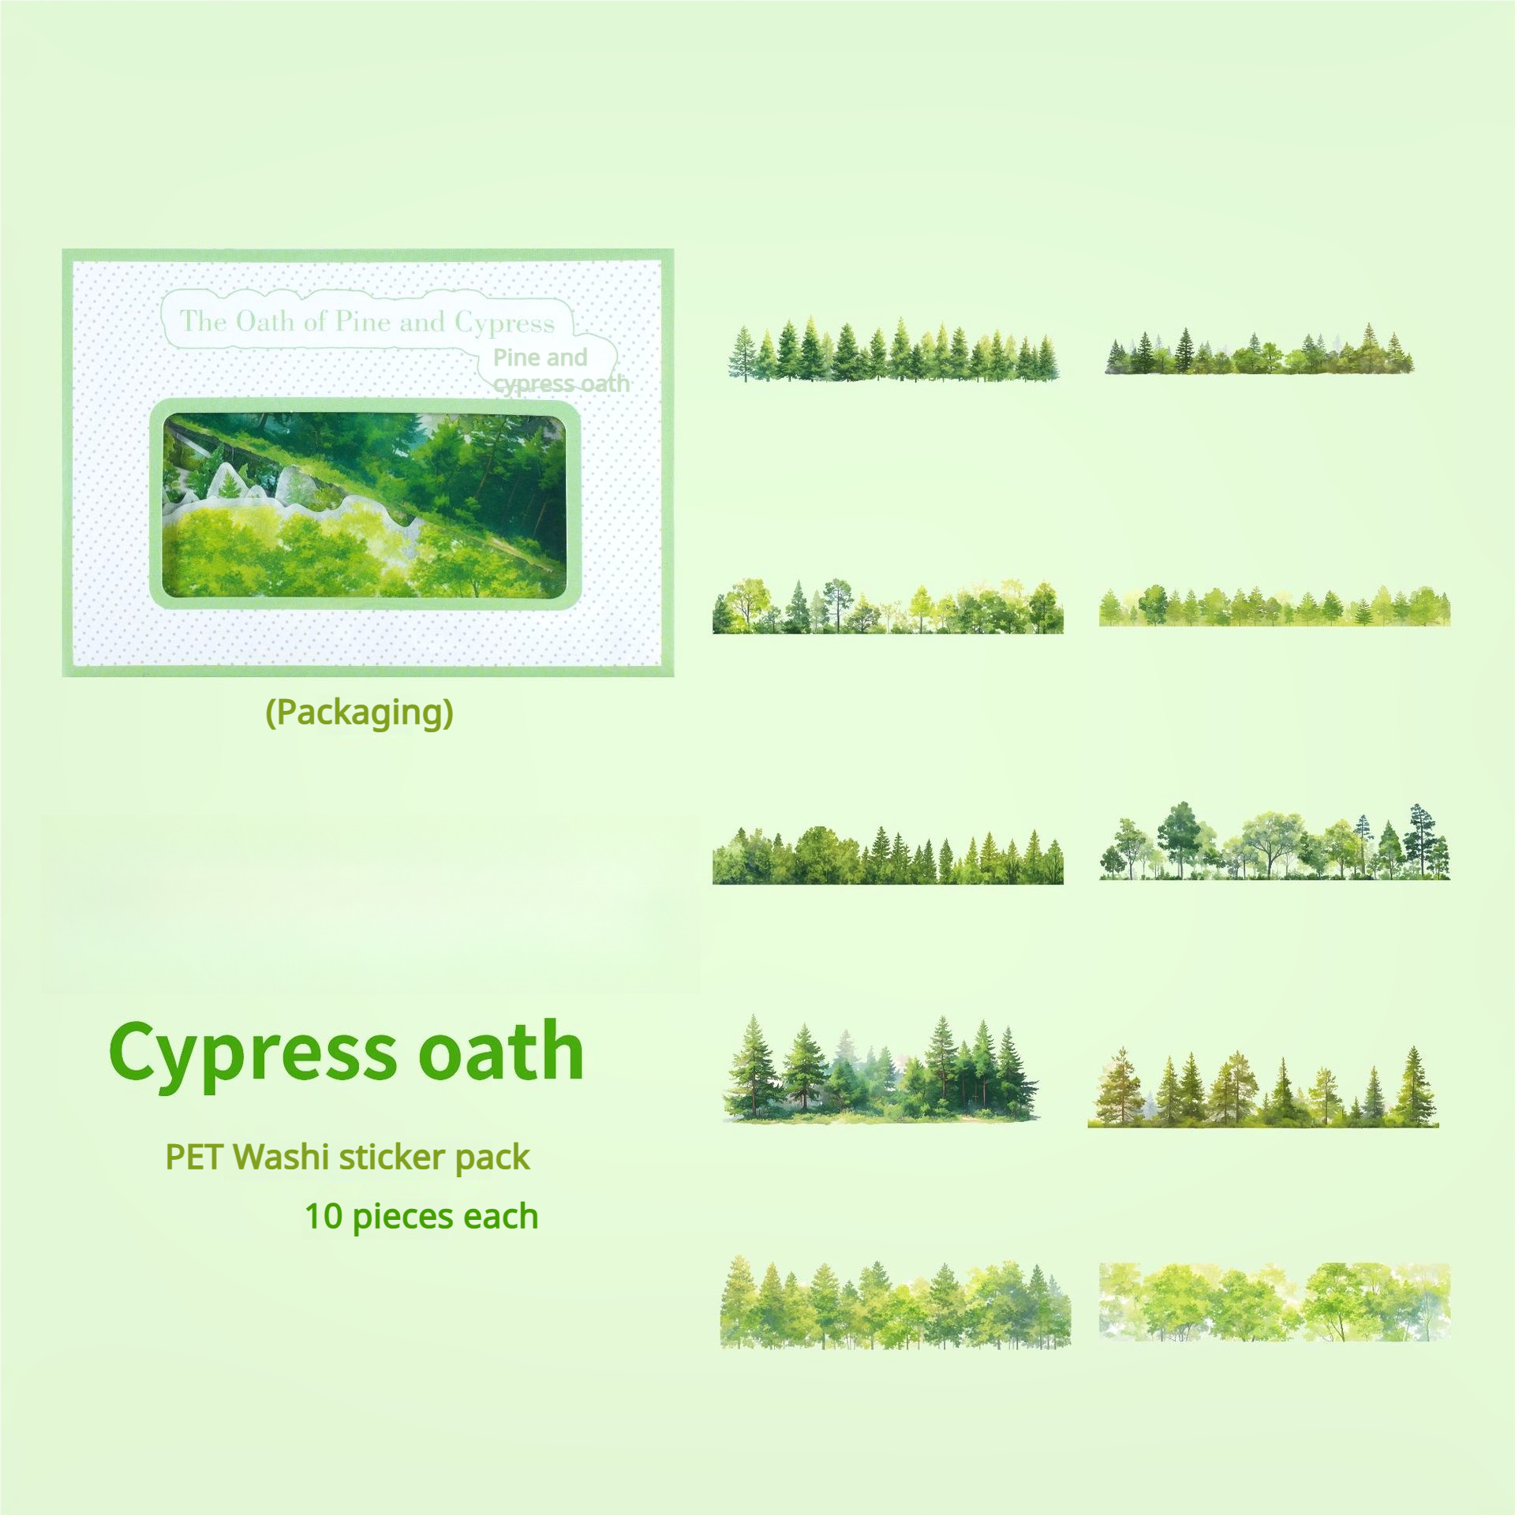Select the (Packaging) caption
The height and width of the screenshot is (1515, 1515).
[x=360, y=713]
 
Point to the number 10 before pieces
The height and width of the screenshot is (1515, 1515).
[x=324, y=1217]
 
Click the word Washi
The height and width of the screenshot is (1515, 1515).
[x=282, y=1157]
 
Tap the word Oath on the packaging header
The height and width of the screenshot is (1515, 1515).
[x=265, y=321]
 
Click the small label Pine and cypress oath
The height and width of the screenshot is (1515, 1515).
[x=561, y=370]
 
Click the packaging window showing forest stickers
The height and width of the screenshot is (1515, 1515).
[x=365, y=504]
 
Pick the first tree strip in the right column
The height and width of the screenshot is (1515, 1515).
[x=1259, y=349]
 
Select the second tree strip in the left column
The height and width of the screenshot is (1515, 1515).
[x=888, y=606]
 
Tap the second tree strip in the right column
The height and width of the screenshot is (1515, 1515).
[x=1274, y=606]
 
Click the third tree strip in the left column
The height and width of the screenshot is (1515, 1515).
[x=888, y=855]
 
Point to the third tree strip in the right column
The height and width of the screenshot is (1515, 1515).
[x=1274, y=841]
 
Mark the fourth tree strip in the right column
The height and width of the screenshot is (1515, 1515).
[x=1263, y=1087]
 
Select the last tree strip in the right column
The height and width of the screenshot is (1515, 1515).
[x=1274, y=1302]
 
